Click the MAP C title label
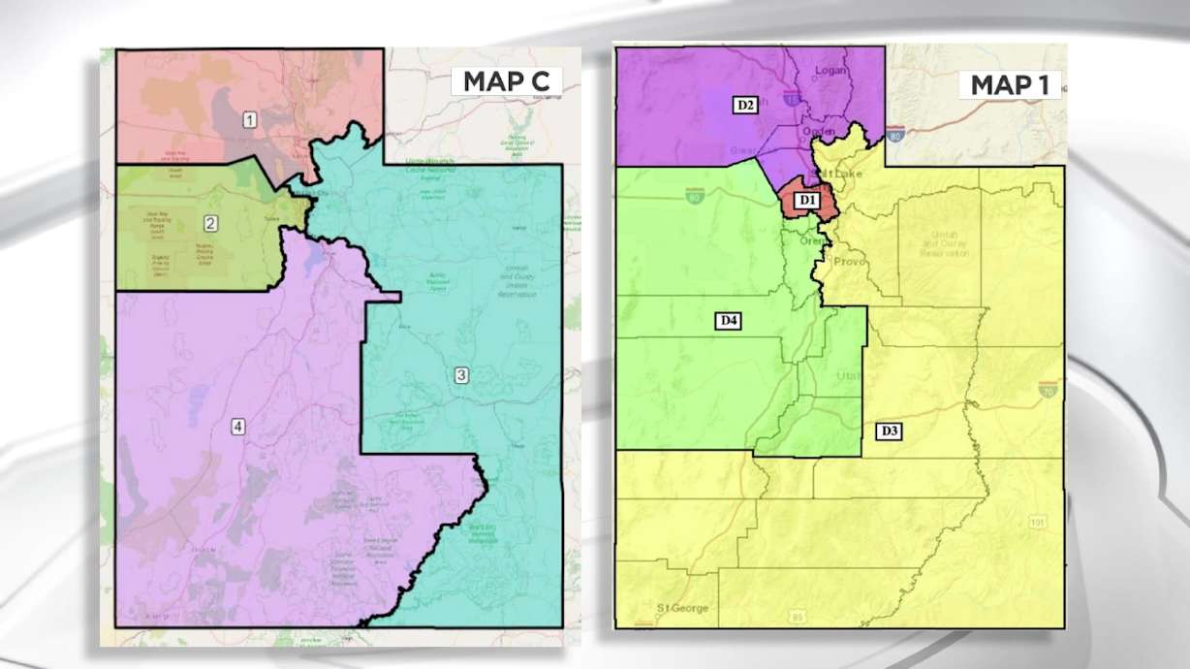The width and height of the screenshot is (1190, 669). pyautogui.click(x=506, y=81)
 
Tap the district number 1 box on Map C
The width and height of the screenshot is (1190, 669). pyautogui.click(x=250, y=119)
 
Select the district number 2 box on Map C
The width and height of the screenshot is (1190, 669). pyautogui.click(x=210, y=223)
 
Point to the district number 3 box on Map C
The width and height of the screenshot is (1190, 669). pyautogui.click(x=461, y=375)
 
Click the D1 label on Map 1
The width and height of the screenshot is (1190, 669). pyautogui.click(x=807, y=201)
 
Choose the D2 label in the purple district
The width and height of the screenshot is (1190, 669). pyautogui.click(x=743, y=104)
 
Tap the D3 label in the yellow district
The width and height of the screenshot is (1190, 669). pyautogui.click(x=890, y=430)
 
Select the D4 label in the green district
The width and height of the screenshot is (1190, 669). pyautogui.click(x=729, y=320)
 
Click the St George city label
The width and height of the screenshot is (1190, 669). pyautogui.click(x=682, y=608)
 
